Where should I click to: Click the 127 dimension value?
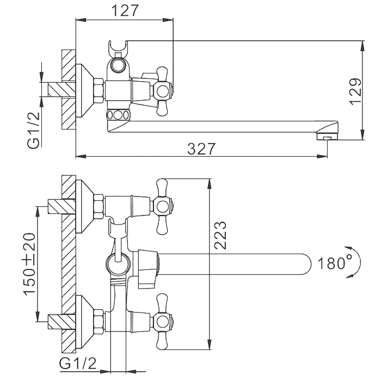tap(125, 10)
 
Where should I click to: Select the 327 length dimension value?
tap(201, 149)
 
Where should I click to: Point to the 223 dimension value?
tap(220, 235)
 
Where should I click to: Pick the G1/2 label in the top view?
tap(33, 131)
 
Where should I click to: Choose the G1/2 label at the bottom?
tap(78, 364)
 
